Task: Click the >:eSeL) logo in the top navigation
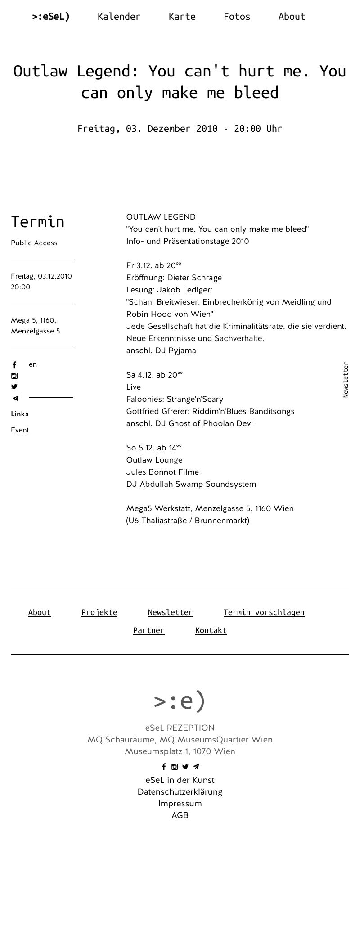tap(51, 17)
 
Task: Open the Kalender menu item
tap(119, 17)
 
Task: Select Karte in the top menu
tap(182, 17)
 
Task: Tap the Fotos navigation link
tap(237, 17)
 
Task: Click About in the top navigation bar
tap(292, 17)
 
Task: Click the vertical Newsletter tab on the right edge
tap(346, 380)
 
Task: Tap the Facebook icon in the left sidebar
tap(14, 365)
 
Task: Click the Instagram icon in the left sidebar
tap(14, 376)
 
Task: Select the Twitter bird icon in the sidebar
tap(14, 387)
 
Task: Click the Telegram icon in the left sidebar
tap(15, 398)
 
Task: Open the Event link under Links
tap(20, 430)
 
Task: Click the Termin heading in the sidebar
tap(38, 222)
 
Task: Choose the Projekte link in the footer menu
tap(99, 612)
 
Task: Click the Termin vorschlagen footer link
tap(264, 612)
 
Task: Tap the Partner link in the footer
tap(148, 630)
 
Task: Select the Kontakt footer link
tap(211, 630)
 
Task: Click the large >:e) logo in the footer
tap(180, 701)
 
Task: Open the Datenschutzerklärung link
tap(180, 792)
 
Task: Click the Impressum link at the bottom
tap(180, 804)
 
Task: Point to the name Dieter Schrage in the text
tap(194, 278)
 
